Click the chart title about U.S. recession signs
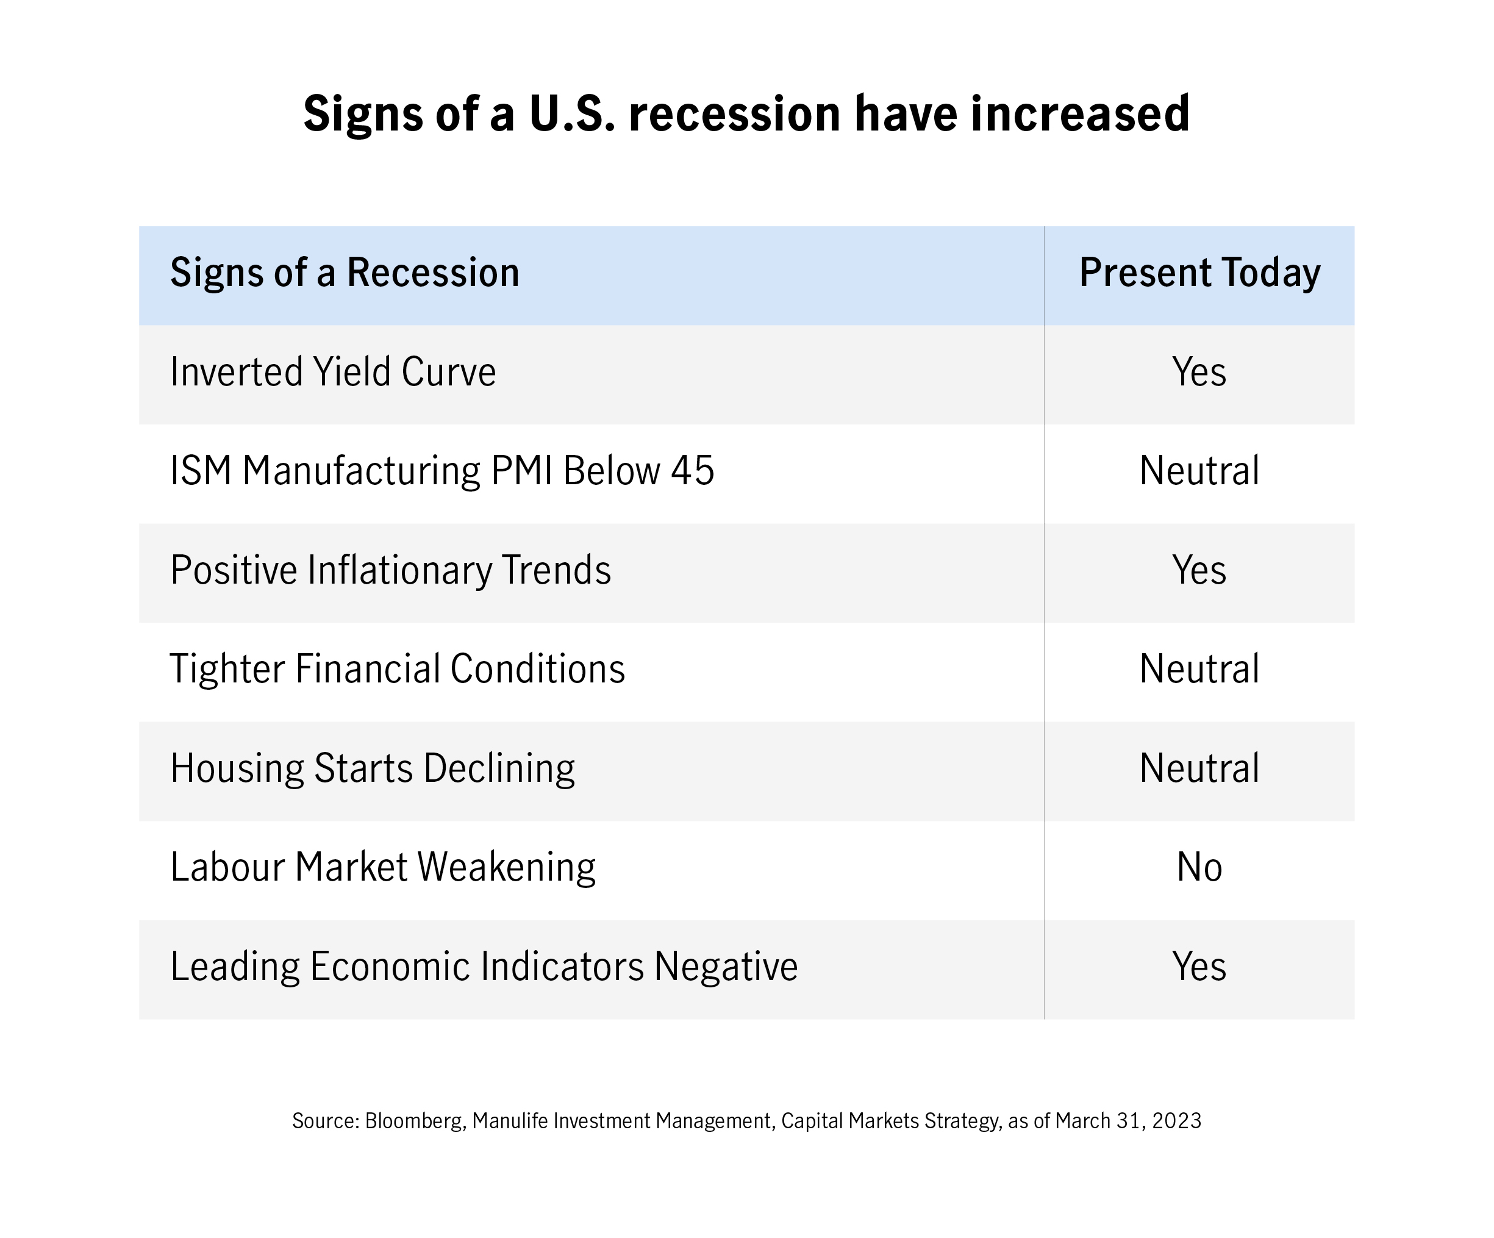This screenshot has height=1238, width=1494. point(746,115)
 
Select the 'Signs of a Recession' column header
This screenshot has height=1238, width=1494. point(345,274)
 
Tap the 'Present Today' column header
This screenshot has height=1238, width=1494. point(1199,274)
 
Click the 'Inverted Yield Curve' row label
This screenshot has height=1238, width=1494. point(333,372)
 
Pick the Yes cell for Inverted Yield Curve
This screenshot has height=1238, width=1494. point(1199,372)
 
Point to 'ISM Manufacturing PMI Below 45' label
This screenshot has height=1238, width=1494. point(441,471)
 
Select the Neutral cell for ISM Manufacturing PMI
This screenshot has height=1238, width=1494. point(1199,471)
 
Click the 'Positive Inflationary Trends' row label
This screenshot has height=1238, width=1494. point(390,570)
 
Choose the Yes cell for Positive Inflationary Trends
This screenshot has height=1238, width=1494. point(1199,570)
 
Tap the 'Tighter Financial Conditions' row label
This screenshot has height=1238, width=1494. point(398,670)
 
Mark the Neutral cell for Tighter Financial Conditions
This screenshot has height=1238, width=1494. point(1199,670)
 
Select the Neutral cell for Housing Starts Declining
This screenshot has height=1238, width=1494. point(1199,768)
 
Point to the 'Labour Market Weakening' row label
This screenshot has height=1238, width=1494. point(383,867)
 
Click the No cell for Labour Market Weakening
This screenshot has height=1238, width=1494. point(1199,867)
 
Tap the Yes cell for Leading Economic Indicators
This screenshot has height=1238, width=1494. point(1199,966)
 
